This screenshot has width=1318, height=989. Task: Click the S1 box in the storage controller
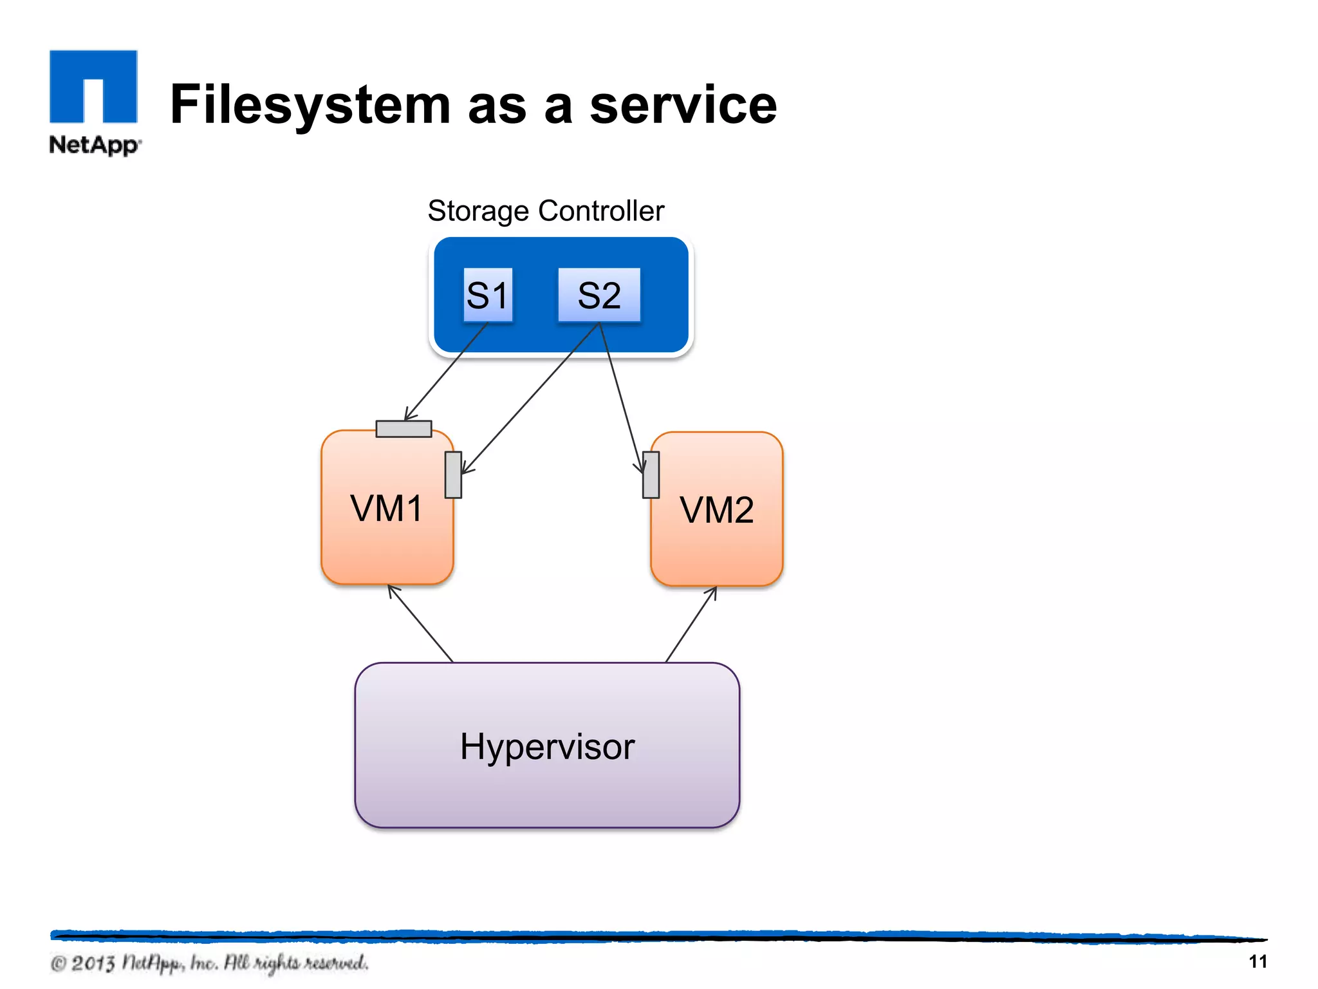pyautogui.click(x=488, y=295)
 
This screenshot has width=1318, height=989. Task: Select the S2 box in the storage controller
pyautogui.click(x=599, y=295)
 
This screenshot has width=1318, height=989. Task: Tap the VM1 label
pyautogui.click(x=387, y=508)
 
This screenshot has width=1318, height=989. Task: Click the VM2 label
pyautogui.click(x=716, y=510)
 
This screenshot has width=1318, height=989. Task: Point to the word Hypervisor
pyautogui.click(x=547, y=747)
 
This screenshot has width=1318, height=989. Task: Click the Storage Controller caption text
pyautogui.click(x=546, y=211)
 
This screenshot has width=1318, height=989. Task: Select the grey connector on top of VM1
pyautogui.click(x=404, y=429)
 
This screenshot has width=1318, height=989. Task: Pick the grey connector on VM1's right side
pyautogui.click(x=453, y=475)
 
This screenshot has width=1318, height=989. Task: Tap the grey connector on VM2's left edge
pyautogui.click(x=651, y=475)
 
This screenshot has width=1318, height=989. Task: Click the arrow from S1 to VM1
pyautogui.click(x=447, y=372)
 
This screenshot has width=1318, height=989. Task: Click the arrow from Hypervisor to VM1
pyautogui.click(x=420, y=623)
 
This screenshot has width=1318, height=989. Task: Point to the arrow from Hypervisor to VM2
pyautogui.click(x=691, y=624)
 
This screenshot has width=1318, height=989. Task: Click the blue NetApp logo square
pyautogui.click(x=93, y=86)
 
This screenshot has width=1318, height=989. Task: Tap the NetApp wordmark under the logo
pyautogui.click(x=94, y=145)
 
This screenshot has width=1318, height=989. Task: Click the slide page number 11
pyautogui.click(x=1258, y=961)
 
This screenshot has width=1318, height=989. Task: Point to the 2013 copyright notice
pyautogui.click(x=209, y=963)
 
